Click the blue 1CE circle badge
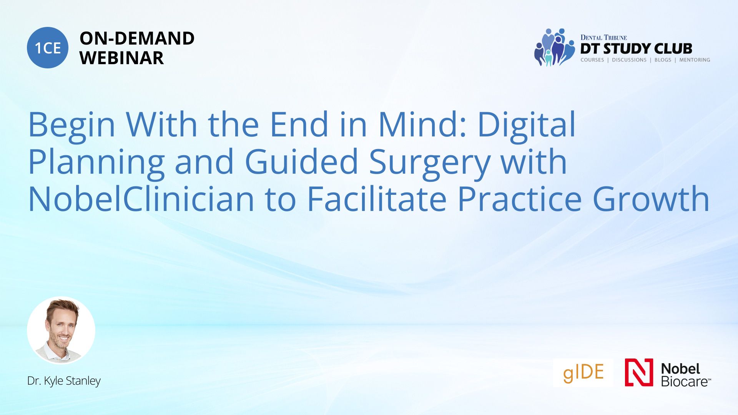(x=48, y=48)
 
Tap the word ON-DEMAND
(x=137, y=38)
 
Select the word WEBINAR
(x=121, y=58)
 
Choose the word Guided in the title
(x=302, y=162)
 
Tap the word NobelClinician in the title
(x=141, y=199)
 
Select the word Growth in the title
(x=651, y=199)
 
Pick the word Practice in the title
(x=519, y=199)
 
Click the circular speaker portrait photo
(x=61, y=330)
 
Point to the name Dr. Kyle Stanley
(x=64, y=381)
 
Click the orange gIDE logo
(x=583, y=372)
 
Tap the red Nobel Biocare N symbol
(x=639, y=372)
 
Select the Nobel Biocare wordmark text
(x=686, y=375)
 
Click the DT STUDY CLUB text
(x=636, y=48)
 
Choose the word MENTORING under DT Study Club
(x=695, y=60)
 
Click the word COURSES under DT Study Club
(x=592, y=60)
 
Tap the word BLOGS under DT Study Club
(x=663, y=60)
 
